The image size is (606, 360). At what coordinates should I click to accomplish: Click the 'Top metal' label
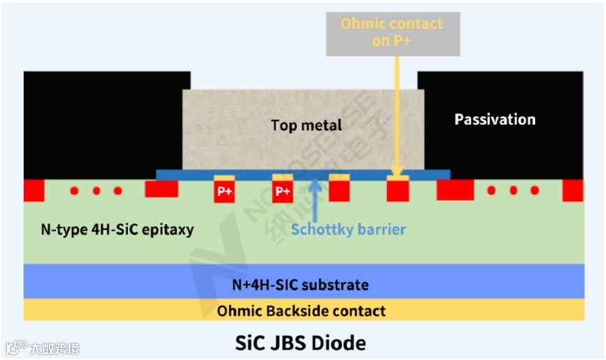point(307,126)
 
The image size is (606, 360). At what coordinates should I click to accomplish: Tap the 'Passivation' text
point(495,119)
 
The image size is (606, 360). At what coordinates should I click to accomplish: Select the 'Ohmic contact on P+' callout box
point(391,32)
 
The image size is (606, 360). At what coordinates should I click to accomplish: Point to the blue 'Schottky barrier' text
point(349,229)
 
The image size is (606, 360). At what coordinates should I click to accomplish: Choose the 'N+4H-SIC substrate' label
point(301,284)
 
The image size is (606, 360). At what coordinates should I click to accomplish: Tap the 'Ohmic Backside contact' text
point(301,310)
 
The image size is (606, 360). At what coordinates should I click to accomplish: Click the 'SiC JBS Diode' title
point(301,343)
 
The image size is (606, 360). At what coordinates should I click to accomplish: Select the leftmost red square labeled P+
point(224,191)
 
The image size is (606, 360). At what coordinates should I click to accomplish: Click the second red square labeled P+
point(282,191)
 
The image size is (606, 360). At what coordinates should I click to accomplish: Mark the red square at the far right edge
point(573,190)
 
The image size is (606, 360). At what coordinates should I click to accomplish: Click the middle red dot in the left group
point(96,190)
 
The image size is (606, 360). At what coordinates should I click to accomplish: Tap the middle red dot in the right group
point(514,190)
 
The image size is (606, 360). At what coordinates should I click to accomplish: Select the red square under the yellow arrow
point(397,190)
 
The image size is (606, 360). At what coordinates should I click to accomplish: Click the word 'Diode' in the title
point(341,343)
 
